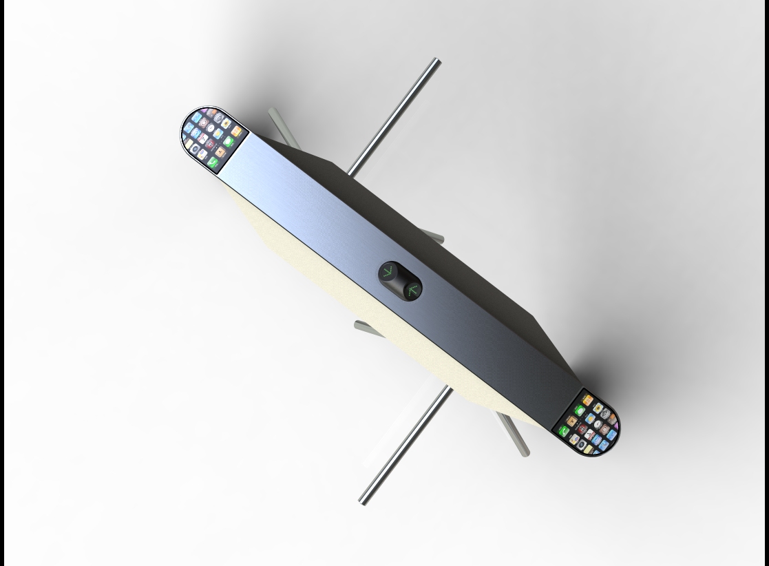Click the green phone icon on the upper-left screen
[213, 162]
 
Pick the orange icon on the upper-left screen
[236, 131]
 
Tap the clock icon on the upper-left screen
[210, 128]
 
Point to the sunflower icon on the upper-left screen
[226, 123]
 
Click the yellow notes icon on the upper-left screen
[188, 144]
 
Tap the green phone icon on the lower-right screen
[564, 431]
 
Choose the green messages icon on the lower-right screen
[580, 410]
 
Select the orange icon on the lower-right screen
[587, 399]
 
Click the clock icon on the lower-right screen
[598, 423]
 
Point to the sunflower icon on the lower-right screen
[598, 408]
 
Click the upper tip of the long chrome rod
[436, 63]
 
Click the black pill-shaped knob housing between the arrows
[400, 281]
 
